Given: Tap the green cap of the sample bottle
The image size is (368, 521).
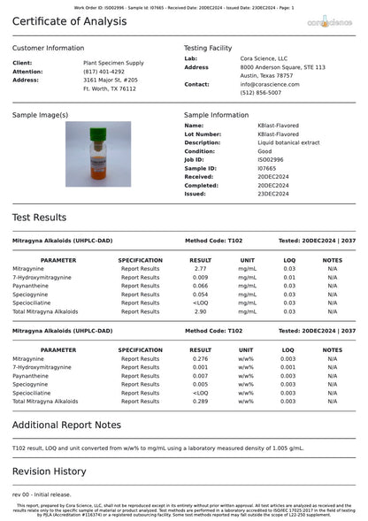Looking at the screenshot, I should click(97, 132).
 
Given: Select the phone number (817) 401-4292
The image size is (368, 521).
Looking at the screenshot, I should click(103, 72).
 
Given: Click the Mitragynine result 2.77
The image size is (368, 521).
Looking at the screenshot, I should click(200, 268).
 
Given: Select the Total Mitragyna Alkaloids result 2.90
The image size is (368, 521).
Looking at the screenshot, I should click(200, 311).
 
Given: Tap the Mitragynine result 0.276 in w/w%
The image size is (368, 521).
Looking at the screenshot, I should click(200, 358).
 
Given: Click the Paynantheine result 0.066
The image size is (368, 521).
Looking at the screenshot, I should click(200, 286).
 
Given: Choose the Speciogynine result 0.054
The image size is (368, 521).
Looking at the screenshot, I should click(200, 295).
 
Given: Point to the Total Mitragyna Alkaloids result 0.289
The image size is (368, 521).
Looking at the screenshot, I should click(200, 402).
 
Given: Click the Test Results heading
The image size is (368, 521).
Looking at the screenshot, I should click(39, 218).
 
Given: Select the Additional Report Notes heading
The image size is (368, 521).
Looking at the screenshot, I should click(66, 425).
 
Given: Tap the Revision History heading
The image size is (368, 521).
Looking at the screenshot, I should click(50, 471).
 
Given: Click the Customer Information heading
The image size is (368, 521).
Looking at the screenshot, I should click(49, 48).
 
